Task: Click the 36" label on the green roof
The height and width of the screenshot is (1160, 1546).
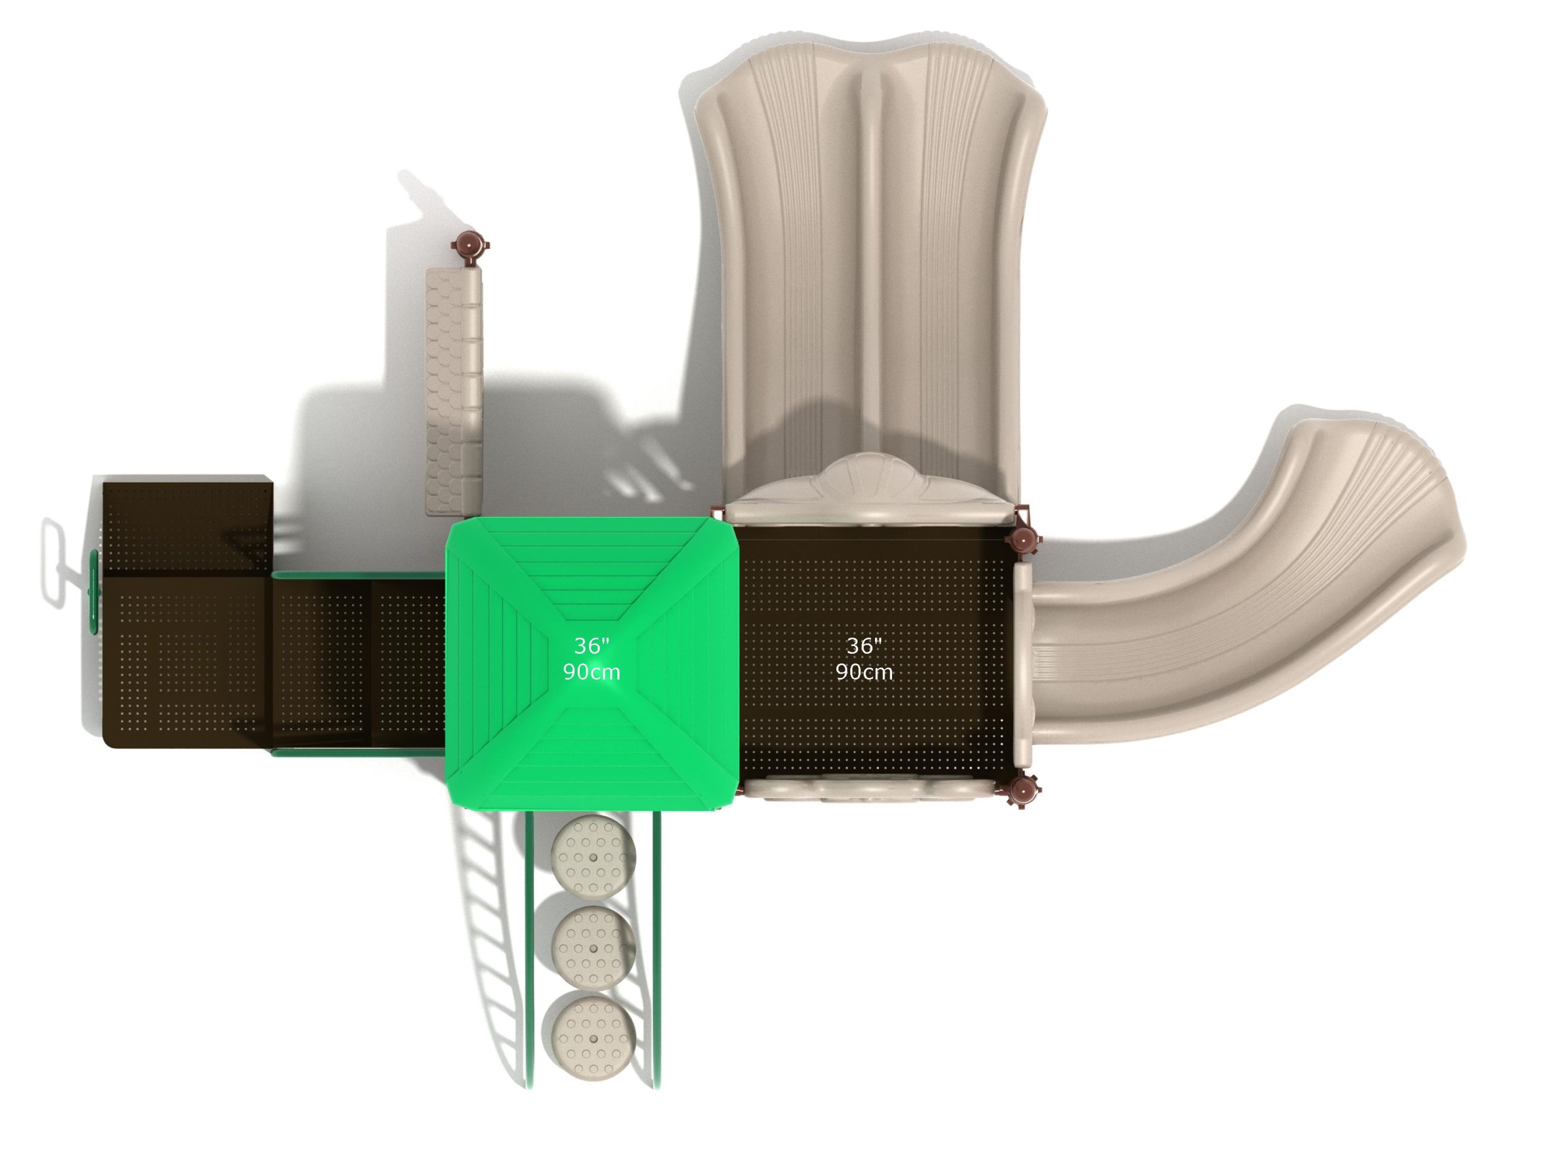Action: coord(591,645)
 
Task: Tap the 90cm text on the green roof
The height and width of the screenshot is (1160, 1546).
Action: coord(591,672)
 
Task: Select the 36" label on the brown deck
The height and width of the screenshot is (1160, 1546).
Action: coord(864,645)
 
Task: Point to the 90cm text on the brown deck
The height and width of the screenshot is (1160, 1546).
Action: coord(864,672)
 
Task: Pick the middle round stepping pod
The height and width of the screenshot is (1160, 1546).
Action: coord(594,947)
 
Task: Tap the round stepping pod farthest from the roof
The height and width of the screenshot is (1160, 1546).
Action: coord(594,1037)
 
